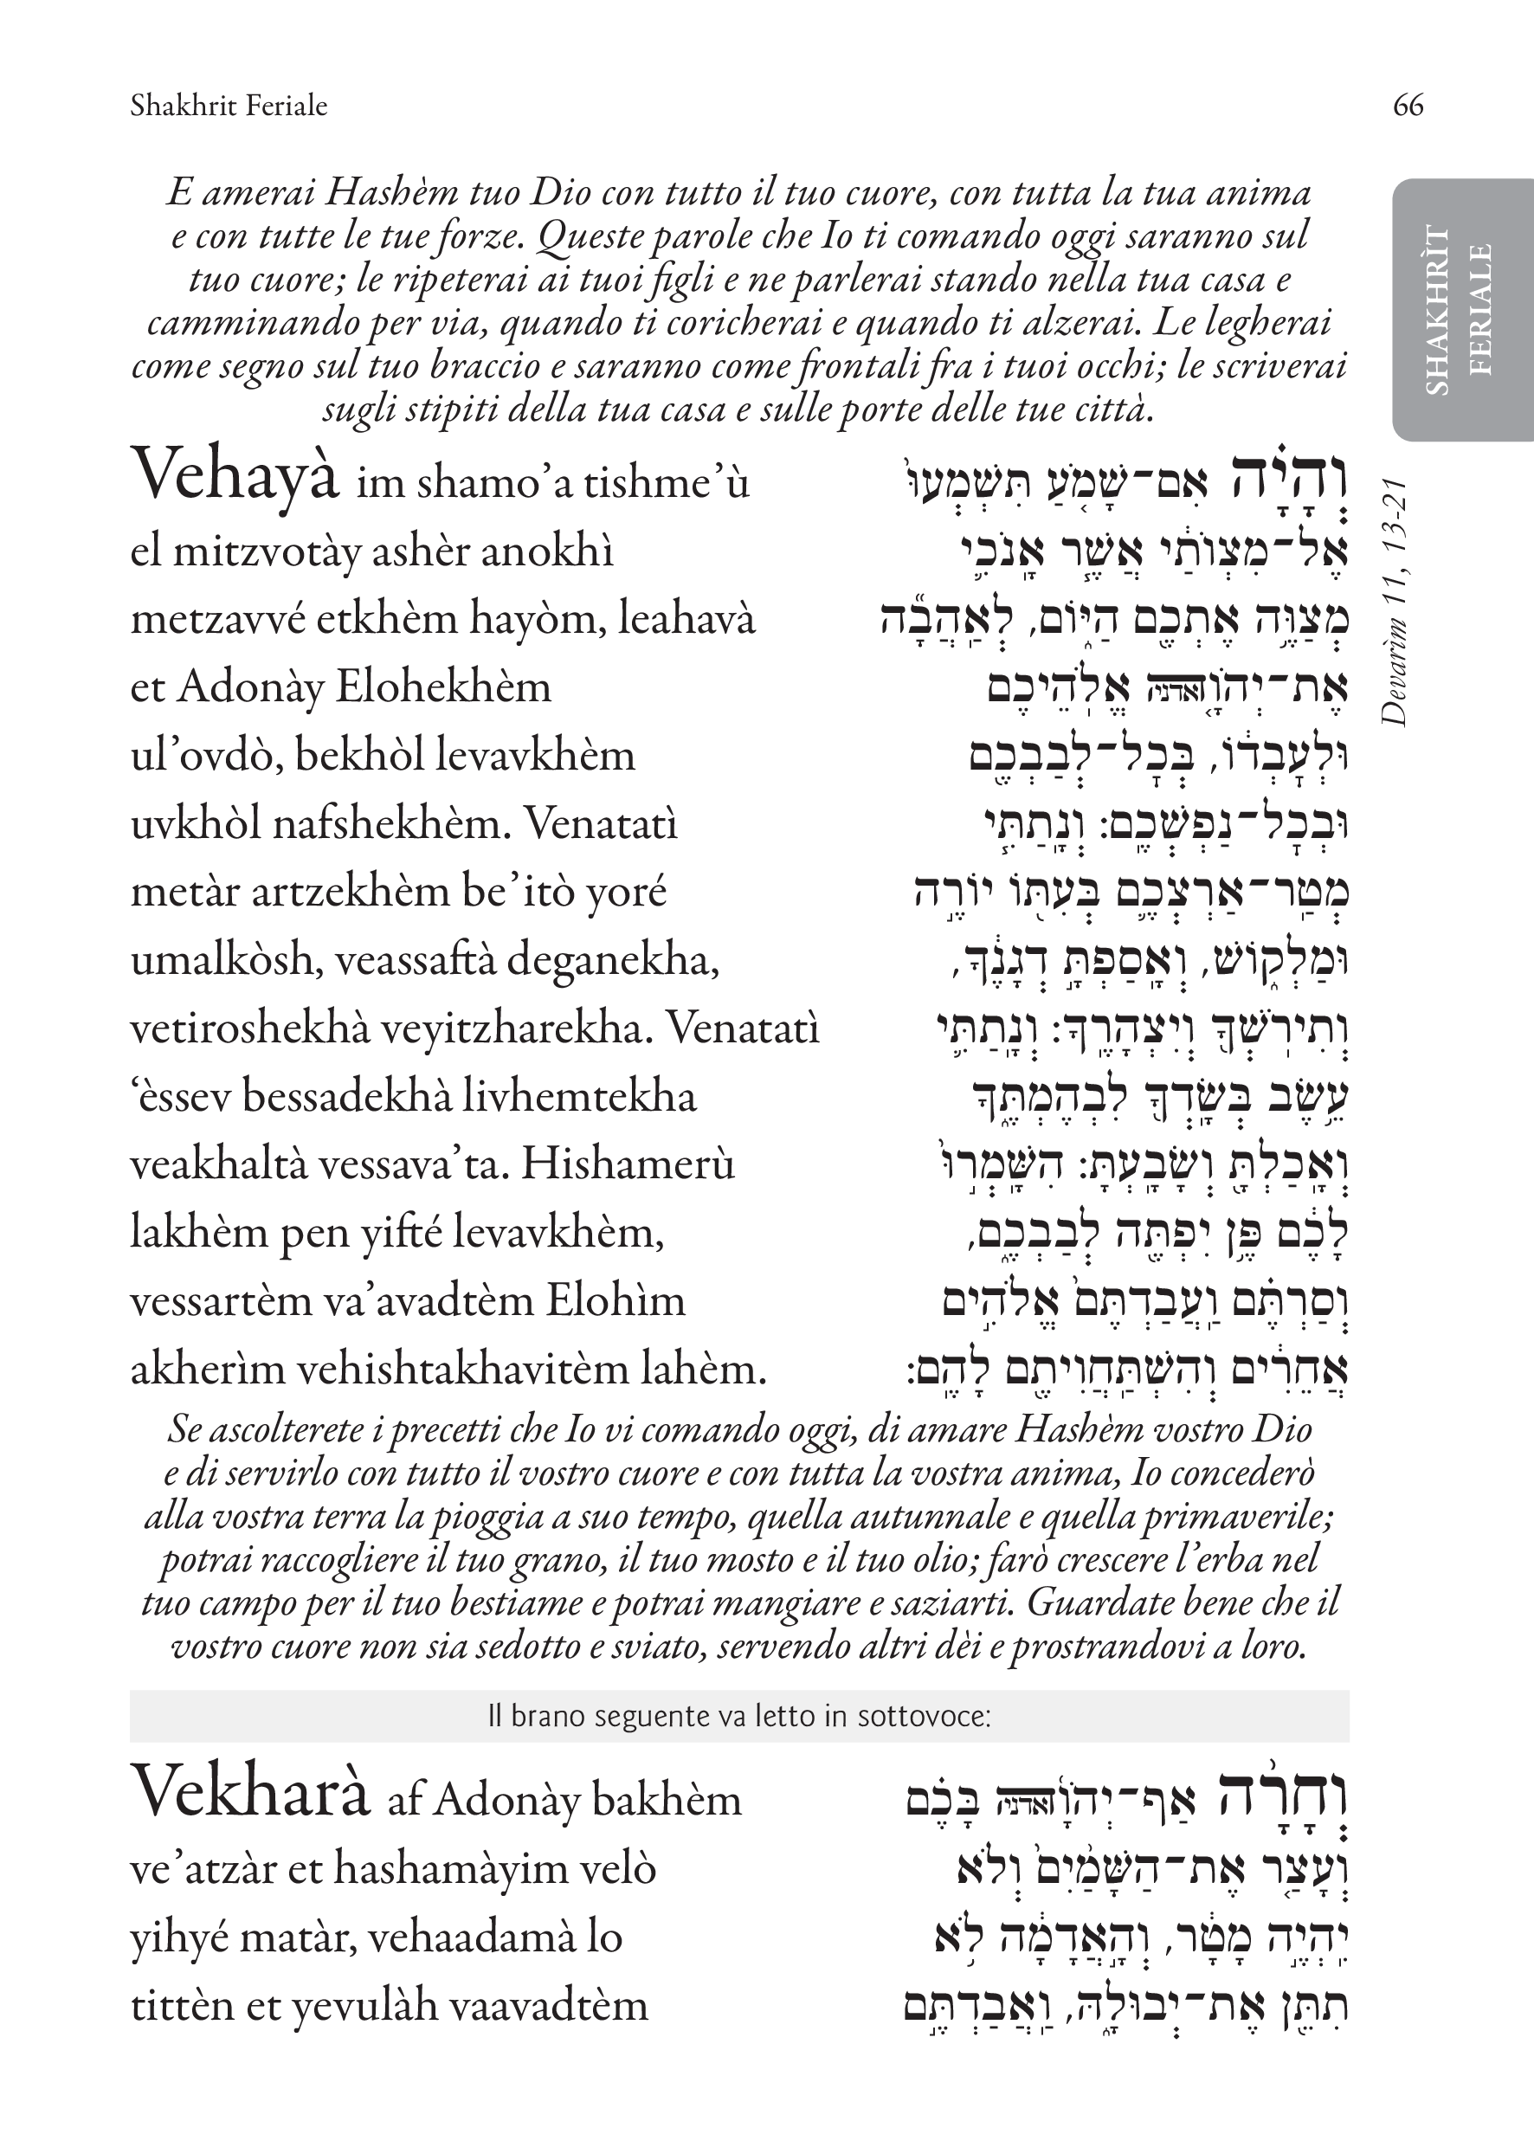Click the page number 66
[x=1408, y=105]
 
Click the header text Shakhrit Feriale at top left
[x=229, y=105]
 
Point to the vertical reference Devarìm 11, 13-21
[x=1395, y=602]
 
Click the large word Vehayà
[x=235, y=475]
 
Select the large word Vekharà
[x=249, y=1792]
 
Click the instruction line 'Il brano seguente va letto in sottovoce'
[x=738, y=1715]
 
